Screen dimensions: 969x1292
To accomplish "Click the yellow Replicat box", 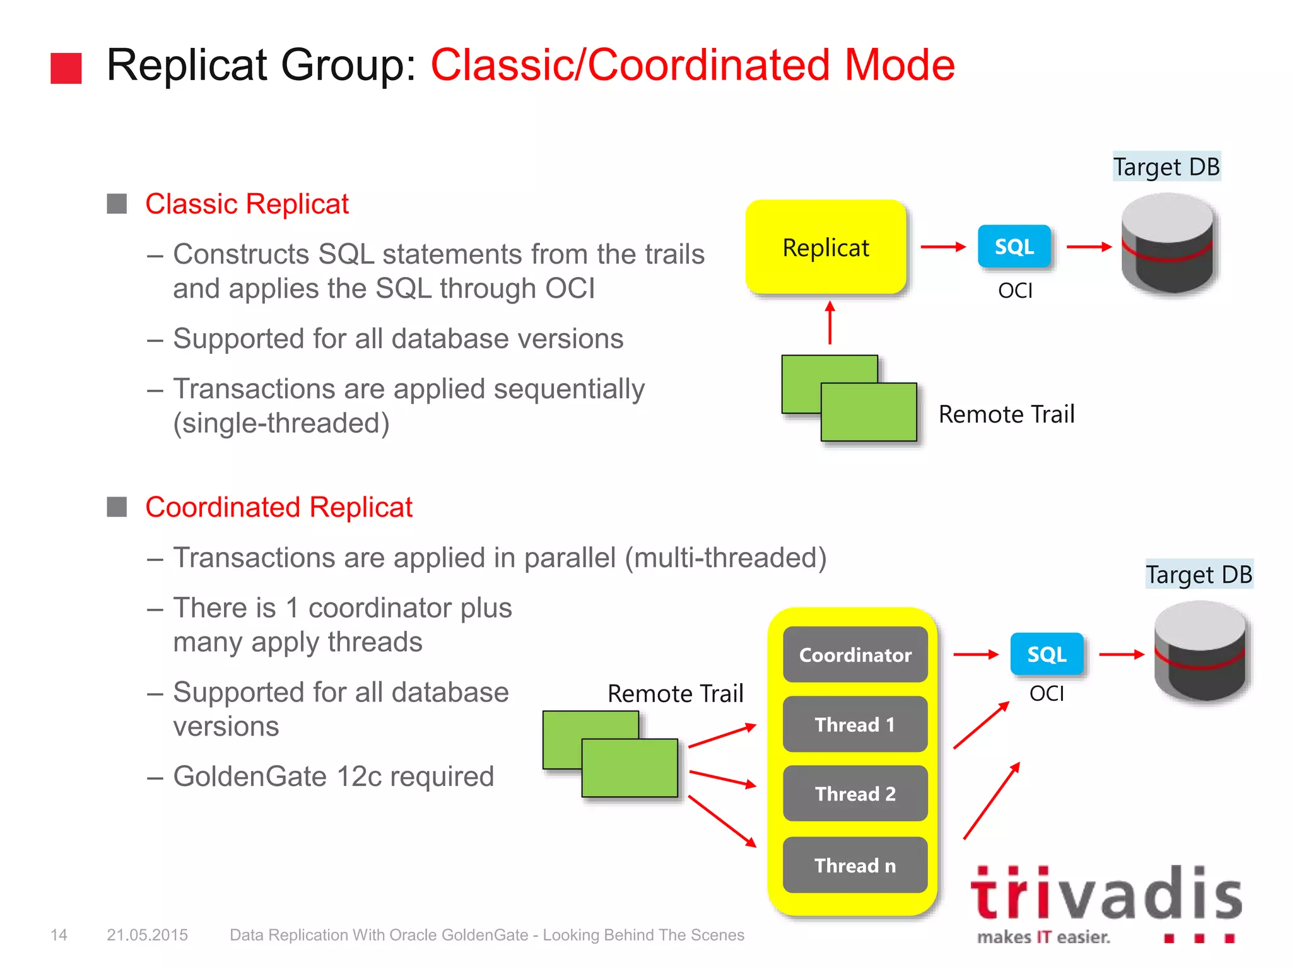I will [825, 247].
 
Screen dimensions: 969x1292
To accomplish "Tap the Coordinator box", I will [855, 654].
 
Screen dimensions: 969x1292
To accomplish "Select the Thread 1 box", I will [855, 724].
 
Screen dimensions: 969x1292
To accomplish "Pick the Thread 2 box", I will [855, 794].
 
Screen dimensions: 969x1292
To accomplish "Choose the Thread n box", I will [855, 865].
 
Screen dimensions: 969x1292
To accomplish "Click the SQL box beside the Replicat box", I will [1014, 246].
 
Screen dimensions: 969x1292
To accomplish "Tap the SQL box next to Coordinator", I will [1046, 654].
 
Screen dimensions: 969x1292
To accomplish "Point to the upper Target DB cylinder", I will [1168, 244].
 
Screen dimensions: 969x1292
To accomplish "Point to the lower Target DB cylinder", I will [1200, 652].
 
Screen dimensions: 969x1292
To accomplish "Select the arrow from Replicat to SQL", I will [943, 247].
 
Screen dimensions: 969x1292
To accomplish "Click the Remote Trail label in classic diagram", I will [1006, 414].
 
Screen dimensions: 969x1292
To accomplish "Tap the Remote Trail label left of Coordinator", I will [675, 693].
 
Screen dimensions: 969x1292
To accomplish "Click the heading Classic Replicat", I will [247, 204].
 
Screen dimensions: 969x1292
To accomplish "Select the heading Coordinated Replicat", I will [279, 507].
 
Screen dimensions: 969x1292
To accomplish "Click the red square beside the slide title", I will [66, 68].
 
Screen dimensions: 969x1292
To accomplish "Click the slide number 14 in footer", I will [59, 935].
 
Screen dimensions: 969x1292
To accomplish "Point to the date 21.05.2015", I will [147, 935].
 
